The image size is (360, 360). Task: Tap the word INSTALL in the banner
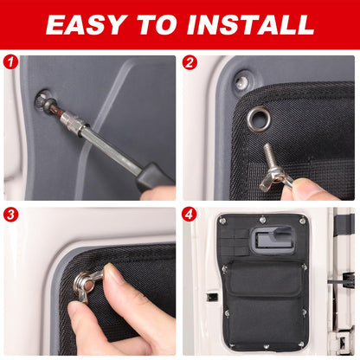point(250,24)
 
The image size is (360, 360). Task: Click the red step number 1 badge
point(11,62)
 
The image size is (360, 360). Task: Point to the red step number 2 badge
point(190,62)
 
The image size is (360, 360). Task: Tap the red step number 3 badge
point(11,215)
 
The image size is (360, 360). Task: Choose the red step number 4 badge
point(190,215)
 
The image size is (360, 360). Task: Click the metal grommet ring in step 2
point(259,119)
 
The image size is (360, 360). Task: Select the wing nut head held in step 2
point(273,180)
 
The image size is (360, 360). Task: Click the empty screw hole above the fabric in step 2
point(241,81)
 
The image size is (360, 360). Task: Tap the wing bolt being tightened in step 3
point(87,284)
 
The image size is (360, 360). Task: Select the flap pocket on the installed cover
point(263,279)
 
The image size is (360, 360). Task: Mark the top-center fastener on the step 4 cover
point(262,220)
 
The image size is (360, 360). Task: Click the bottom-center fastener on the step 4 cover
point(266,346)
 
